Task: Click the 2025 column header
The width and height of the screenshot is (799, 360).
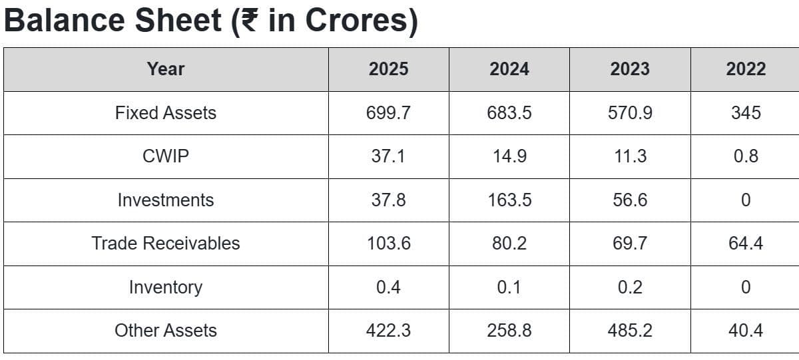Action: click(388, 69)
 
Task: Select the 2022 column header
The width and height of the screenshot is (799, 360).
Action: click(746, 69)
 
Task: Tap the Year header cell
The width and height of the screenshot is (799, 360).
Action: click(166, 69)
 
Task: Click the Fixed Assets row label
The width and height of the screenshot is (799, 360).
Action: click(166, 113)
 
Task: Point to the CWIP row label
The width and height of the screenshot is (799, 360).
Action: click(166, 156)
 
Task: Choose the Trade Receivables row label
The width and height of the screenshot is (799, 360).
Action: click(166, 244)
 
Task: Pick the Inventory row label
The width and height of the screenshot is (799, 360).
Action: click(166, 287)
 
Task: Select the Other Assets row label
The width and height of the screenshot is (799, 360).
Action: click(166, 331)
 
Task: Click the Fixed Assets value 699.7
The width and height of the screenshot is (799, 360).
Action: click(388, 113)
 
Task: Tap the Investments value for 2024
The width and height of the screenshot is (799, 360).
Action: click(509, 200)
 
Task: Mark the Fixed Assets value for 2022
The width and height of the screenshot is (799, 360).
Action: click(746, 113)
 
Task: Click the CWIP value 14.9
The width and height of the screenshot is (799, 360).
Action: click(509, 156)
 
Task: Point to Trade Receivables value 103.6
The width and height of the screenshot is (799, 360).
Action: click(388, 244)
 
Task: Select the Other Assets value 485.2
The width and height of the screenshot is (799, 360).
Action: click(630, 331)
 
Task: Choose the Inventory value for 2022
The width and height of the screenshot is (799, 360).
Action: click(746, 287)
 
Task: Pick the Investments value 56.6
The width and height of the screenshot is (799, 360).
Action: click(630, 200)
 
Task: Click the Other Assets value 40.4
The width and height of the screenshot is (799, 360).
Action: click(746, 331)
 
